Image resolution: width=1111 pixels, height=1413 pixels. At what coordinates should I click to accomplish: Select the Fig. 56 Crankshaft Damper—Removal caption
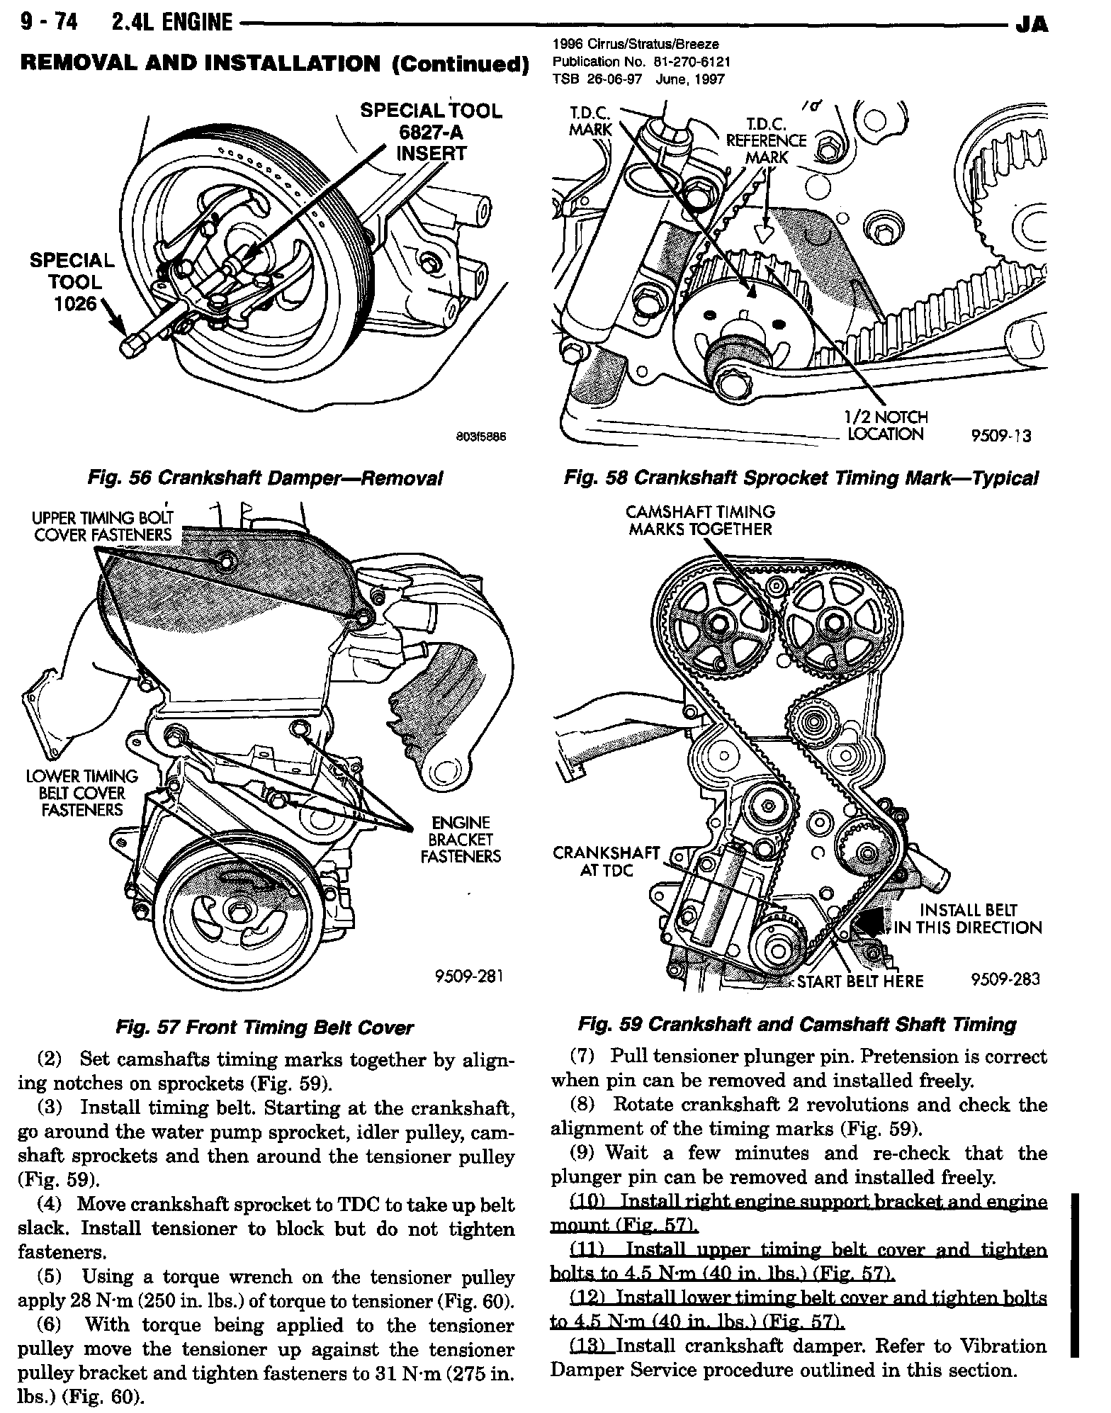point(264,478)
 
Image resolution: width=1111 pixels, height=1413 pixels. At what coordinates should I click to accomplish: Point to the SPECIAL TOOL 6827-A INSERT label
point(431,132)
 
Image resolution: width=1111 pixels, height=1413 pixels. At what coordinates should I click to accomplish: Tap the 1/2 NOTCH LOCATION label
point(886,426)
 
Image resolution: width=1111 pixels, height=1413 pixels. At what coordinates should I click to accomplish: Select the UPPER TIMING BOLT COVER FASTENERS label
point(103,526)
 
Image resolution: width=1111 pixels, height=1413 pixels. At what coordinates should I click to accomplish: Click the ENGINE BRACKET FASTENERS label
point(461,840)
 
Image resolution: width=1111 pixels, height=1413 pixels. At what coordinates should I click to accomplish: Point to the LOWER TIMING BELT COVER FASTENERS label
point(82,793)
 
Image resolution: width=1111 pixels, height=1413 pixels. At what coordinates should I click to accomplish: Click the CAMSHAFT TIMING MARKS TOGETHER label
point(700,520)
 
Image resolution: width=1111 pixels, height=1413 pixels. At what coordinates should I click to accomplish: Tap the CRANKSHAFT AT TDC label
point(606,861)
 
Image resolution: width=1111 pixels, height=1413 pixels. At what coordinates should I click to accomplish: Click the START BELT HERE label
point(860,981)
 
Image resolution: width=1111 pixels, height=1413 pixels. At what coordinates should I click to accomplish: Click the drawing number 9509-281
point(468,977)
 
